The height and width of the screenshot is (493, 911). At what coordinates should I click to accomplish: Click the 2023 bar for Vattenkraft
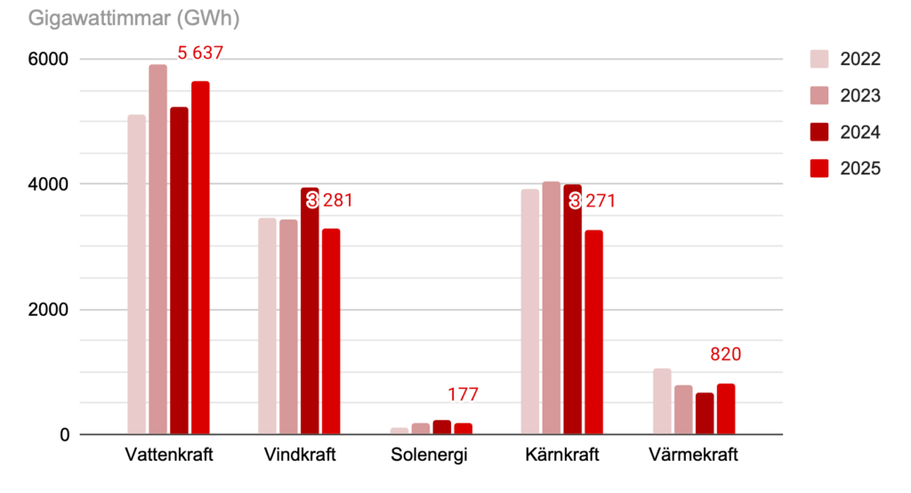[x=157, y=249]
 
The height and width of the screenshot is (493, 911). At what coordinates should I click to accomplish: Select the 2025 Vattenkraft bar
[x=200, y=258]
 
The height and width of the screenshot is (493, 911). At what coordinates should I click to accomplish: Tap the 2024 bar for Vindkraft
[x=310, y=311]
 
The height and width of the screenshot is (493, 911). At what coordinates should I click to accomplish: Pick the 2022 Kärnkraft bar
[x=530, y=311]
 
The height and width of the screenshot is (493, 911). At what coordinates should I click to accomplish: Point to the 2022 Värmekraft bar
[x=662, y=401]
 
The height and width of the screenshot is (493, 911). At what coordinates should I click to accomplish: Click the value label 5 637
[x=199, y=53]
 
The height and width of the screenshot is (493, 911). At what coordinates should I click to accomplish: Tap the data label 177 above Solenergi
[x=463, y=395]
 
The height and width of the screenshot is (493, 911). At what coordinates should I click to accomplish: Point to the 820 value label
[x=725, y=355]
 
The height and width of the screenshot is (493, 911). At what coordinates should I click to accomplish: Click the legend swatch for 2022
[x=819, y=60]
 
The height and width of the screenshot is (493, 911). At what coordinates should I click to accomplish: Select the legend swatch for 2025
[x=819, y=168]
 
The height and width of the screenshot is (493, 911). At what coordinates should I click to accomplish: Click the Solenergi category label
[x=430, y=456]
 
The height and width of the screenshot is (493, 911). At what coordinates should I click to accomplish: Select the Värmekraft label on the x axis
[x=694, y=456]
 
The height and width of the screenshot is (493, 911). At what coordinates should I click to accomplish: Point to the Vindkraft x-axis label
[x=300, y=456]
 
